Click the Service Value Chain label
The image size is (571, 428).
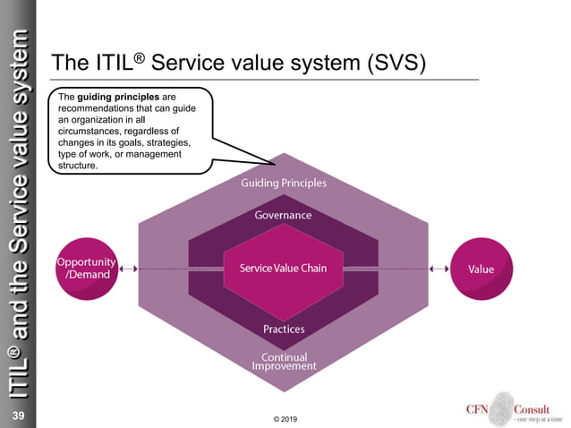coord(283,269)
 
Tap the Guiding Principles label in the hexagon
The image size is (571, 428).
coord(283,184)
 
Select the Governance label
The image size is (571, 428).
coord(283,216)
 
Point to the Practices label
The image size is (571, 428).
coord(283,329)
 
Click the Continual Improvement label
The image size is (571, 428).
coord(283,362)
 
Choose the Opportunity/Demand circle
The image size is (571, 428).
coord(86,268)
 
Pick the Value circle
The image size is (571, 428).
coord(481,269)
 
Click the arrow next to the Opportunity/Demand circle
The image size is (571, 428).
coord(129,268)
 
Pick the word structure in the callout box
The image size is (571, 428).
coord(77,166)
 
